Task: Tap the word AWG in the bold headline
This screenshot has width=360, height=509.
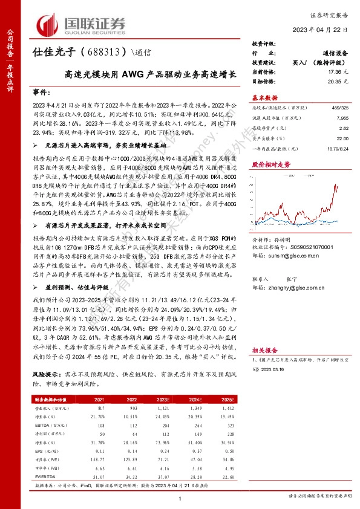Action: (x=134, y=76)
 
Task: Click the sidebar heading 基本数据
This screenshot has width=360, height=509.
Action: (x=264, y=98)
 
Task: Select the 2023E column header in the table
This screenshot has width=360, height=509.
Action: (x=161, y=400)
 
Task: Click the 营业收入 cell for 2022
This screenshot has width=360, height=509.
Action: (x=133, y=408)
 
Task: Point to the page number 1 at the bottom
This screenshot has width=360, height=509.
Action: (x=180, y=498)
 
